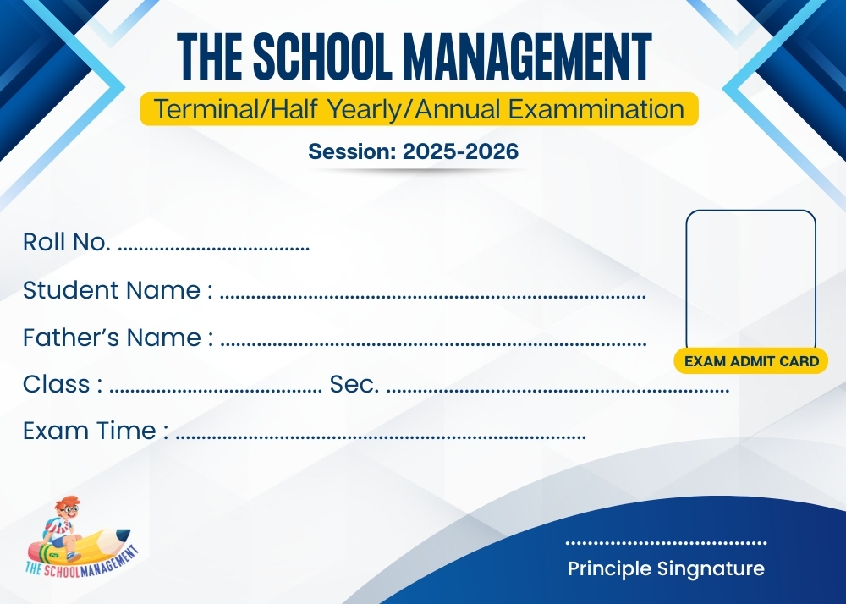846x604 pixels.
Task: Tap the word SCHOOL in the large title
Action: click(322, 56)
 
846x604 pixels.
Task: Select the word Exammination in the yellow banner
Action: click(596, 109)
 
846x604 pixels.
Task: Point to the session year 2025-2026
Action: click(460, 151)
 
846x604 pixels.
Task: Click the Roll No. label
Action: click(66, 242)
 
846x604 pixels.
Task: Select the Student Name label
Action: click(118, 290)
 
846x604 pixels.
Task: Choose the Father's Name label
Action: click(118, 338)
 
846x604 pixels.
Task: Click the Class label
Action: click(63, 385)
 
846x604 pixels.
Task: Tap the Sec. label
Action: click(354, 385)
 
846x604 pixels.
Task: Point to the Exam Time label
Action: click(96, 431)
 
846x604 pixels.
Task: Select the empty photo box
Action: click(750, 281)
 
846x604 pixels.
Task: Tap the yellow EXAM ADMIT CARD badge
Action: click(751, 360)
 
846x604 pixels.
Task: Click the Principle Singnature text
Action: click(666, 569)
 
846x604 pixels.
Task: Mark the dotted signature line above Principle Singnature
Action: click(666, 543)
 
